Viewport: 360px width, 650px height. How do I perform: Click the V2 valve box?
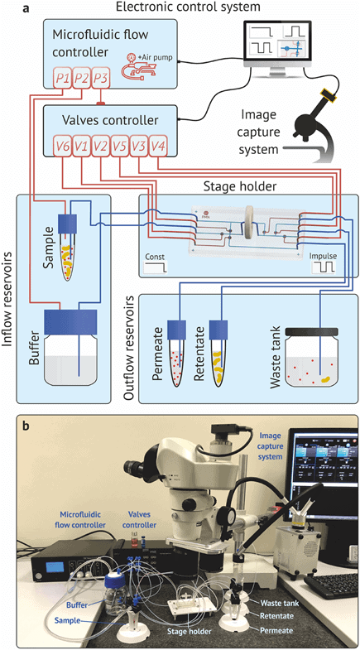coord(99,146)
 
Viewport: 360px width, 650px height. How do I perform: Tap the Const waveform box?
coord(156,262)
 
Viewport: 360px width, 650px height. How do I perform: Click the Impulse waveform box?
coord(324,262)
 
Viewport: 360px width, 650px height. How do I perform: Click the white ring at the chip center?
coord(247,229)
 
